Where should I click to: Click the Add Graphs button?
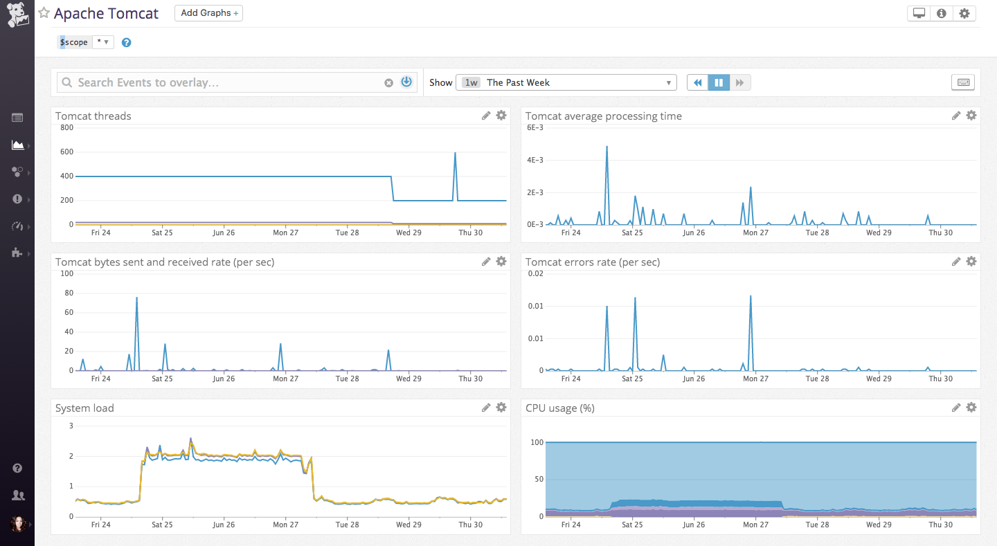[208, 13]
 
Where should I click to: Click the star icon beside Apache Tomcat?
[44, 13]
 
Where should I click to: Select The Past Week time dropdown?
[566, 82]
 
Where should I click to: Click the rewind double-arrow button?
[698, 82]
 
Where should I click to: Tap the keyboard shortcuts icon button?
[963, 82]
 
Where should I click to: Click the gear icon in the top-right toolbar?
[964, 13]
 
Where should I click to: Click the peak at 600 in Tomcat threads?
[455, 153]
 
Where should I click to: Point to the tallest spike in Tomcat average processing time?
[607, 147]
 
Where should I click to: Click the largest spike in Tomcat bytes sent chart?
[136, 298]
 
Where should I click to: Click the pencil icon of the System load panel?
[486, 408]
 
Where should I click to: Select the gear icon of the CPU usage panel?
[971, 408]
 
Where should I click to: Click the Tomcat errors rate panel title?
[592, 262]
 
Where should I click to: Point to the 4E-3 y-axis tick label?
[535, 160]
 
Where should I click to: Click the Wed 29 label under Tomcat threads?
[408, 233]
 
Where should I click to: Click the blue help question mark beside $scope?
[127, 42]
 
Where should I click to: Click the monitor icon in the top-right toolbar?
[919, 13]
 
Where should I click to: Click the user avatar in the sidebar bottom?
[18, 524]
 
